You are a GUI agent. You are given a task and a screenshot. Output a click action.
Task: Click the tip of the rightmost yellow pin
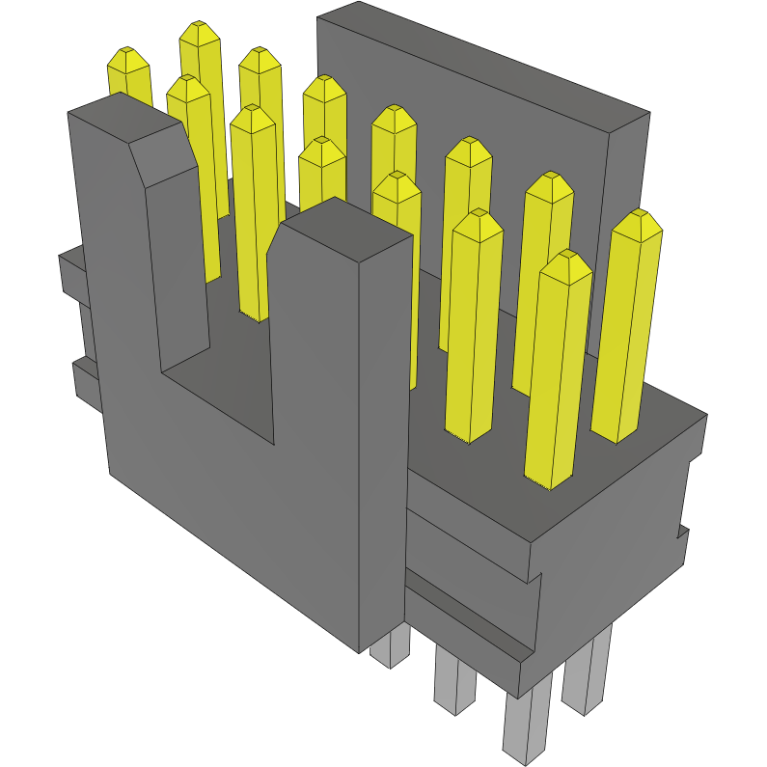(x=638, y=223)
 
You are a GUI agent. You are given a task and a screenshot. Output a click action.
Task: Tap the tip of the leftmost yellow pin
(x=127, y=60)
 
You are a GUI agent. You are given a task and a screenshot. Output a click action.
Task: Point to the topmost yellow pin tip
(x=199, y=33)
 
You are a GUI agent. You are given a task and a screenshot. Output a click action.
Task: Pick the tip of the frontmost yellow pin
(x=566, y=264)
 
